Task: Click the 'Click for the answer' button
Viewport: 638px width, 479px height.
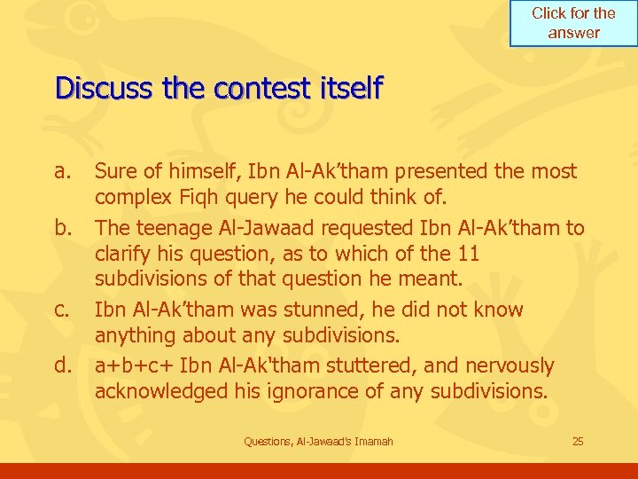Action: tap(572, 23)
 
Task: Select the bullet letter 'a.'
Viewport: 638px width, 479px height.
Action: tap(63, 171)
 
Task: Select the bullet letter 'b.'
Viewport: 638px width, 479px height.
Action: tap(64, 228)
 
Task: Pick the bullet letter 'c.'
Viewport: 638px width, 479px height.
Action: tap(63, 310)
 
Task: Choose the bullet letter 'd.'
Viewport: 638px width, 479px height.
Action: tap(64, 365)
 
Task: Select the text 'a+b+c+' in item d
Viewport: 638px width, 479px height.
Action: tap(135, 365)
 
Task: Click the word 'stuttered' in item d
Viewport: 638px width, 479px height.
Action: tap(349, 365)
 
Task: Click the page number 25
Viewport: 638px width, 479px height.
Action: tap(578, 441)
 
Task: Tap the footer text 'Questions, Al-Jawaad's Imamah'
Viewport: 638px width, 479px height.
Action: tap(318, 441)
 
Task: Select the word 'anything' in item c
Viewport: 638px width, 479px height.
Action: tap(136, 335)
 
